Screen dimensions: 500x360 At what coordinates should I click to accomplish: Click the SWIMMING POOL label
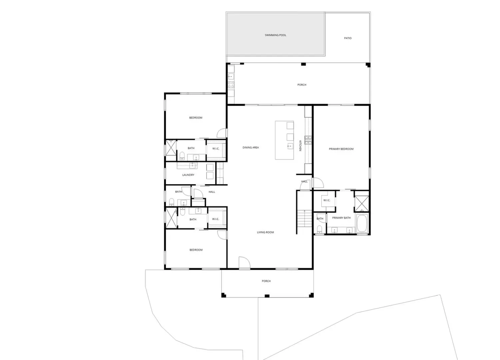point(275,35)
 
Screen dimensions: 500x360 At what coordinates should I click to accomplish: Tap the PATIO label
point(347,38)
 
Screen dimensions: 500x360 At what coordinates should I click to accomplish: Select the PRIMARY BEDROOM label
point(341,149)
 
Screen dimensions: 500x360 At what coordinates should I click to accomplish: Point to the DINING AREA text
point(250,147)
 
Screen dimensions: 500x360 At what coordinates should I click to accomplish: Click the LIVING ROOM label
point(265,232)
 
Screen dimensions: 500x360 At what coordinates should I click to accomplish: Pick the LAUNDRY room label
point(188,175)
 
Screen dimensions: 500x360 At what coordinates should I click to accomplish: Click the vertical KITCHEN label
point(300,146)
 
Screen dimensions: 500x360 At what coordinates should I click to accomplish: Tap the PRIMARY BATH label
point(341,218)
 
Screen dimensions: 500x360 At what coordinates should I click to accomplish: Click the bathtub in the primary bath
point(362,223)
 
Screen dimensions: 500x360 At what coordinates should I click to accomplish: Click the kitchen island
point(284,140)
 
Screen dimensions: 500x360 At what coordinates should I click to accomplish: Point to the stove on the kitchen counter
point(308,140)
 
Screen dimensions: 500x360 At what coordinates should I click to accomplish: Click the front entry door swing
point(245,262)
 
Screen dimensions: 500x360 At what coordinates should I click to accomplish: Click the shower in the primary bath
point(362,203)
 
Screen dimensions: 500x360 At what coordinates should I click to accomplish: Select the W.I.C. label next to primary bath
point(326,200)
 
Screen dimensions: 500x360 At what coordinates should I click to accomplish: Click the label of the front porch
point(266,281)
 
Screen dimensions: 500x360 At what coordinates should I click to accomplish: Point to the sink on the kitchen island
point(290,146)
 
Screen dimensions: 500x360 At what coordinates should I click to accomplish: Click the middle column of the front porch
point(267,296)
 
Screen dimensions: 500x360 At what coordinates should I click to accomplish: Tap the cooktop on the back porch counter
point(231,84)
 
